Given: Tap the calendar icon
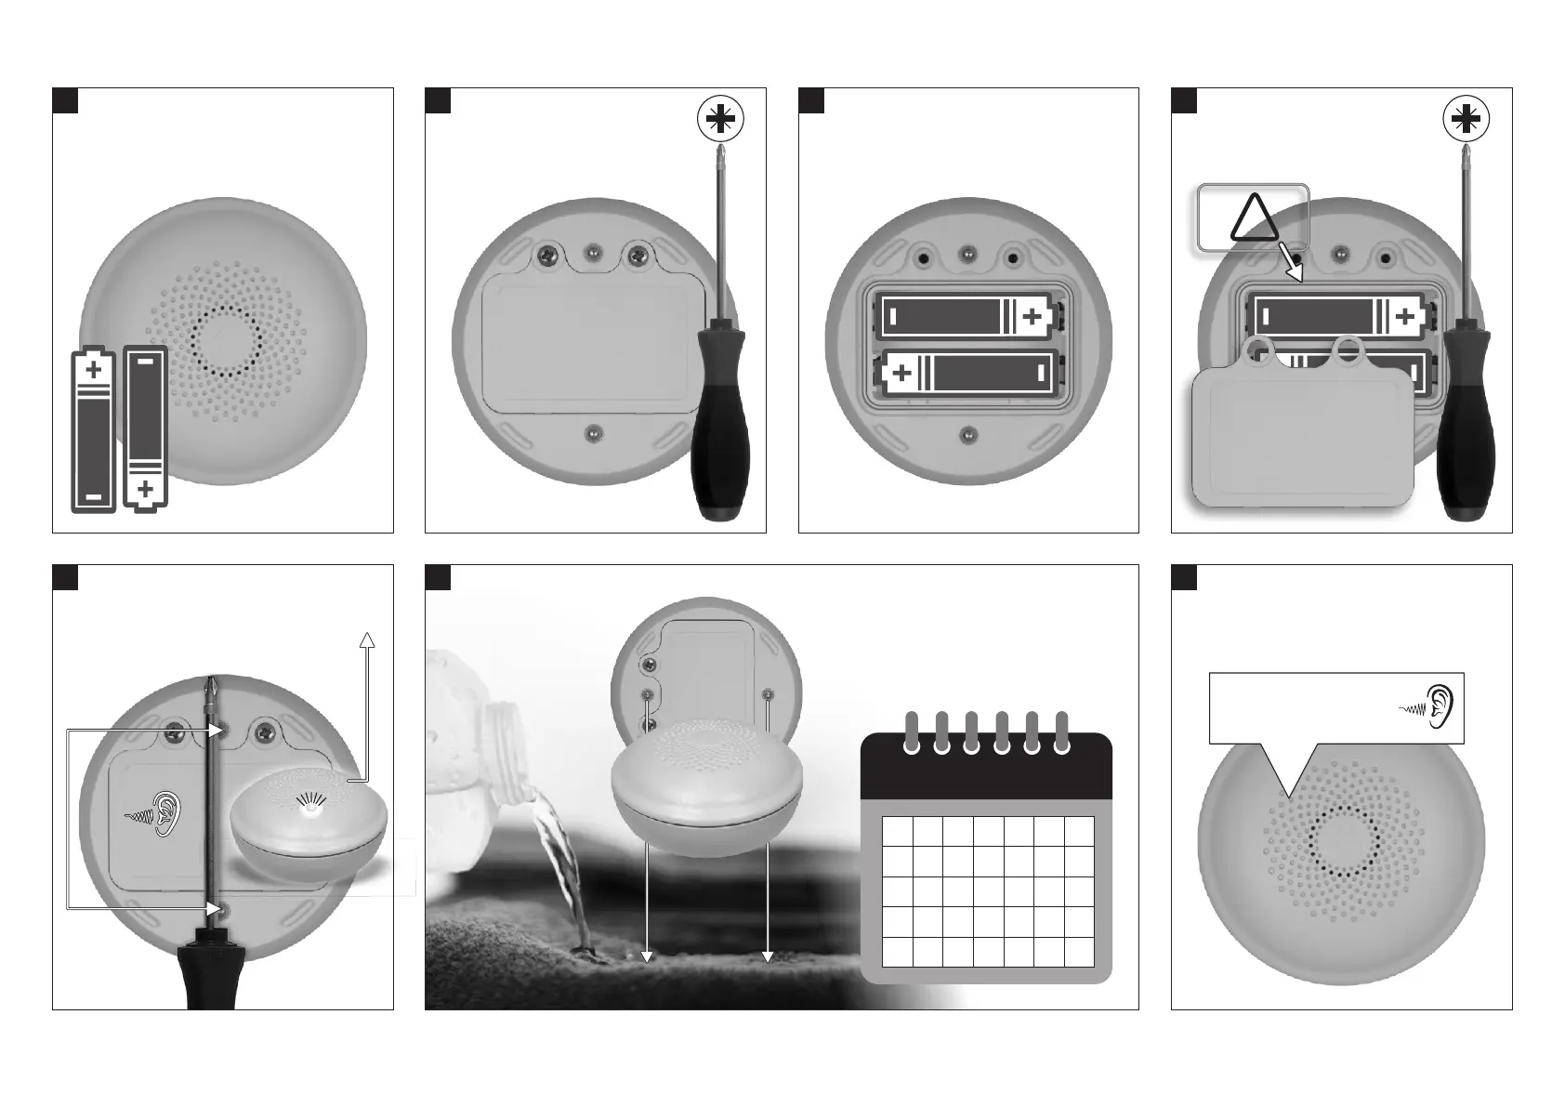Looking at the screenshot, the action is [986, 856].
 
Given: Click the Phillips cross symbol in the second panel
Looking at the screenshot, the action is [720, 119].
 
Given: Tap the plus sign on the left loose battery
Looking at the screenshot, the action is [94, 371].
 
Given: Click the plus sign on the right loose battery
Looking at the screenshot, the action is [145, 488].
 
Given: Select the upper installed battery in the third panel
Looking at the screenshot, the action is [967, 317].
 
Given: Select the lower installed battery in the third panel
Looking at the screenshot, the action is [967, 374].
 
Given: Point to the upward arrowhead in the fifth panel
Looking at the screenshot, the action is [367, 639].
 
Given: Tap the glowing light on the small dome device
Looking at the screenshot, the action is [313, 808].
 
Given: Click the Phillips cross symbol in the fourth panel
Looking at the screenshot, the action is [1466, 119].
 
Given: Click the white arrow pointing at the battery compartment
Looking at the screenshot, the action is [1291, 262].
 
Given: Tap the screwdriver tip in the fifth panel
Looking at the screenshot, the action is [209, 688].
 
